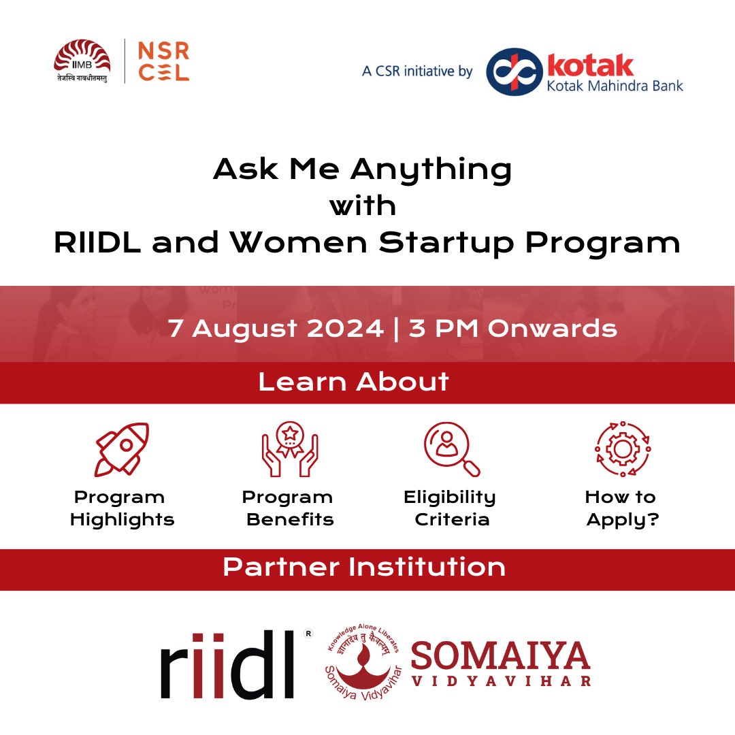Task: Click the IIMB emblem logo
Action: pos(82,60)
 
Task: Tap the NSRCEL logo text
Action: pos(163,61)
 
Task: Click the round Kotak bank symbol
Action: pos(514,71)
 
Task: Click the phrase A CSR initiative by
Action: pos(417,71)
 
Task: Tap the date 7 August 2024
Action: pos(276,329)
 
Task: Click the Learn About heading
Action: pos(353,382)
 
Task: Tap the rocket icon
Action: pos(122,448)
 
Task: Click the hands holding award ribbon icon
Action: pos(289,448)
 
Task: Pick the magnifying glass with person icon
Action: pos(451,448)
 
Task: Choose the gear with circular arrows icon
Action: pos(622,448)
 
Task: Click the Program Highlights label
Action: pos(122,508)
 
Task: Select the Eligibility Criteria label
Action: pos(450,508)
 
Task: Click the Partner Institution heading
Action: pos(364,568)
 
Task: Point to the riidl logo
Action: pos(228,664)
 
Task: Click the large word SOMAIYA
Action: pos(500,655)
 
